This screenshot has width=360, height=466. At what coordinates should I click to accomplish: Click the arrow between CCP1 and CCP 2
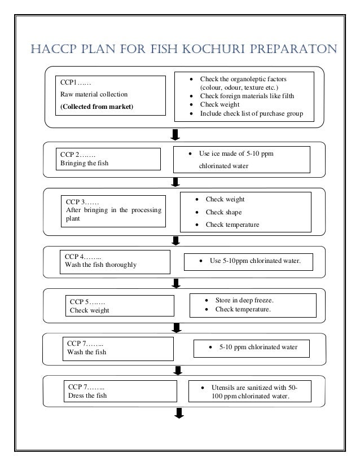click(175, 134)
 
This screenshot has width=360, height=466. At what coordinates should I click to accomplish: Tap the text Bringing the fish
click(84, 163)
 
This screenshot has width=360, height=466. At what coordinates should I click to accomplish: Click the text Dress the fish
click(87, 395)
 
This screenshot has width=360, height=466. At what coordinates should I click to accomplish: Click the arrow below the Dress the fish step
click(179, 415)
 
